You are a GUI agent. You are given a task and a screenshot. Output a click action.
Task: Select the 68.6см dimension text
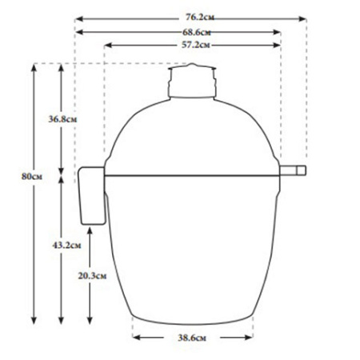pyautogui.click(x=194, y=31)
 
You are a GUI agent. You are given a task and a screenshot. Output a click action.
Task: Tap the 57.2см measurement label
pyautogui.click(x=194, y=46)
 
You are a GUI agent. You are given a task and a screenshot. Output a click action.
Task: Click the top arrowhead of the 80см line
pyautogui.click(x=34, y=66)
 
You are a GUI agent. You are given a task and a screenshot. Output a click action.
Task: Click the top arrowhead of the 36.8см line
pyautogui.click(x=62, y=66)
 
